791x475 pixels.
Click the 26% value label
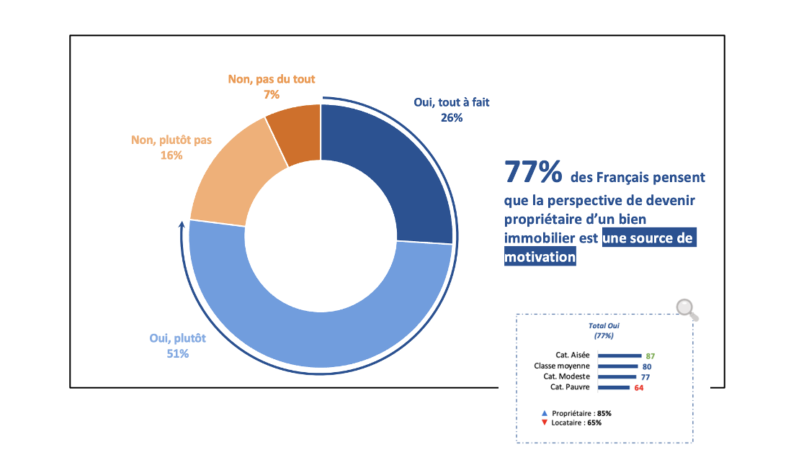click(451, 117)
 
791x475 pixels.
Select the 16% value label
click(171, 155)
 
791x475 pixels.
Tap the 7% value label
click(272, 94)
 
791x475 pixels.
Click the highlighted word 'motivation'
click(540, 257)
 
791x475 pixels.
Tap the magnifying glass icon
click(687, 308)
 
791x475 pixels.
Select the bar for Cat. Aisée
click(620, 356)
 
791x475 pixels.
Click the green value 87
click(650, 356)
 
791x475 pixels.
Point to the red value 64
click(638, 388)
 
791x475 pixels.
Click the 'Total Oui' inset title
click(604, 325)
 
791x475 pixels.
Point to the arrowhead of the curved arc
click(181, 225)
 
